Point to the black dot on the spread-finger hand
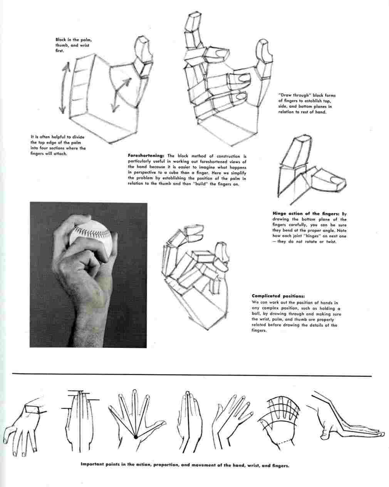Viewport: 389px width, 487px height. (136, 437)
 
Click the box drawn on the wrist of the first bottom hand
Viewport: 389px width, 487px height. (35, 410)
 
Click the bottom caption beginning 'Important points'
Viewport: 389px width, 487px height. (184, 465)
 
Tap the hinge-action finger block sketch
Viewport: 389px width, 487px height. (308, 170)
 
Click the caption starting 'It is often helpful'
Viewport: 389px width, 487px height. (58, 145)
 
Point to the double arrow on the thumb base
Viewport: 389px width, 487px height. (121, 95)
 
